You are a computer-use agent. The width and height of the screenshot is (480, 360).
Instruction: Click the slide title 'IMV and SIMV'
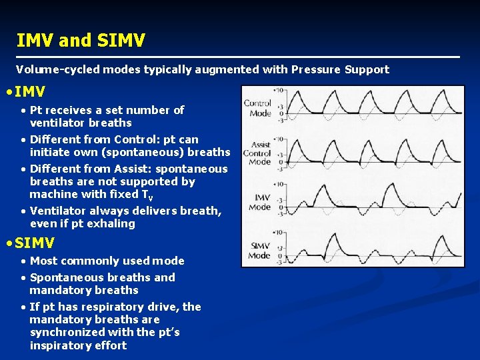pyautogui.click(x=80, y=41)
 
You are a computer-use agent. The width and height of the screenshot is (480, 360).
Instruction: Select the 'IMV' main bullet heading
pyautogui.click(x=30, y=92)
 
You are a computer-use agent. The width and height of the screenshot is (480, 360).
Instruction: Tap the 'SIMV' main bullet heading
pyautogui.click(x=34, y=243)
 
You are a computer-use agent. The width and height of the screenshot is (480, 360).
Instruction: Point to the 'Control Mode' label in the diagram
pyautogui.click(x=257, y=108)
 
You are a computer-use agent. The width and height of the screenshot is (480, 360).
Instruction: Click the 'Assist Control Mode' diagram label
pyautogui.click(x=260, y=153)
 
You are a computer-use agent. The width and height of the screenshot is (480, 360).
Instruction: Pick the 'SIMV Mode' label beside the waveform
pyautogui.click(x=260, y=251)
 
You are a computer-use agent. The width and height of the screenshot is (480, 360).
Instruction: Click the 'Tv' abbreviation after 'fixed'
pyautogui.click(x=148, y=195)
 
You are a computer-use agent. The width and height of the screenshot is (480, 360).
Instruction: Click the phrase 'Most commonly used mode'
pyautogui.click(x=107, y=261)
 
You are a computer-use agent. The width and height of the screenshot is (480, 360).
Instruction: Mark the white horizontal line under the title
pyautogui.click(x=238, y=57)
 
